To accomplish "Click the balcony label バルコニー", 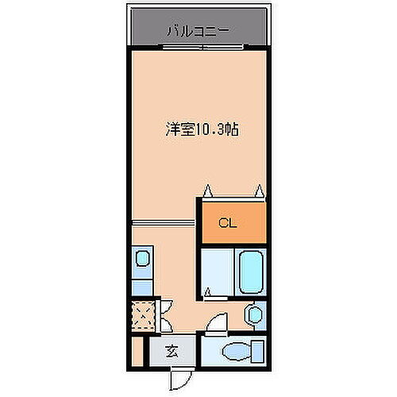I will tap(198, 31).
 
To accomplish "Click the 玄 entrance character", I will tap(172, 351).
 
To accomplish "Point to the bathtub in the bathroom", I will tap(251, 272).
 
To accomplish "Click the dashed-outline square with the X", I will tap(142, 315).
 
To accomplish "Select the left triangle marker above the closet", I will tap(209, 191).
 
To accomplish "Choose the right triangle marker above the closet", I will tap(259, 191).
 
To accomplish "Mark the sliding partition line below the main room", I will tap(163, 222).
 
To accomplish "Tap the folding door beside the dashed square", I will tap(164, 315).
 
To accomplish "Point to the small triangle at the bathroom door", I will tap(208, 293).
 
